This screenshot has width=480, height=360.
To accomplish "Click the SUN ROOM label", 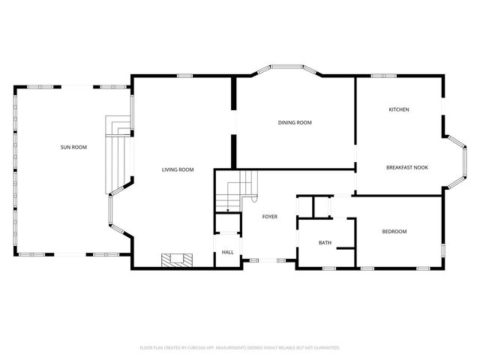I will click(x=73, y=147).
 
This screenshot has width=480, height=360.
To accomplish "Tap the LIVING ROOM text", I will click(x=178, y=169).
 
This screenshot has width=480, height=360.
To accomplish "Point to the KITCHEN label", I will click(x=398, y=109).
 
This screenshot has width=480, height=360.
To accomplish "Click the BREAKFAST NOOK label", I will click(x=407, y=167).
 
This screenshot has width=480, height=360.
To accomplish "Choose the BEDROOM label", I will click(x=394, y=232).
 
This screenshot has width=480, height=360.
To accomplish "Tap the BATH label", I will click(x=325, y=242).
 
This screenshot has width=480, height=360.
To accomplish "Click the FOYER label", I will click(x=269, y=217).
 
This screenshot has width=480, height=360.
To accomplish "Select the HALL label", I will click(x=227, y=252).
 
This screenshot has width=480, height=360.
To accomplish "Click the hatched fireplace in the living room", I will click(x=177, y=259).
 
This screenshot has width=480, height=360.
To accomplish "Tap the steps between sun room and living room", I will click(x=118, y=154).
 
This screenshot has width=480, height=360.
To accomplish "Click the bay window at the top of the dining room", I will click(x=286, y=69).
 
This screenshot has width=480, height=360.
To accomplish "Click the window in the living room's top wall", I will click(x=186, y=76).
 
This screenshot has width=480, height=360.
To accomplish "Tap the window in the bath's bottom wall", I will click(x=328, y=267).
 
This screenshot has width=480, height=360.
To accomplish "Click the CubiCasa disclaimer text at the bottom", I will click(x=240, y=347).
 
